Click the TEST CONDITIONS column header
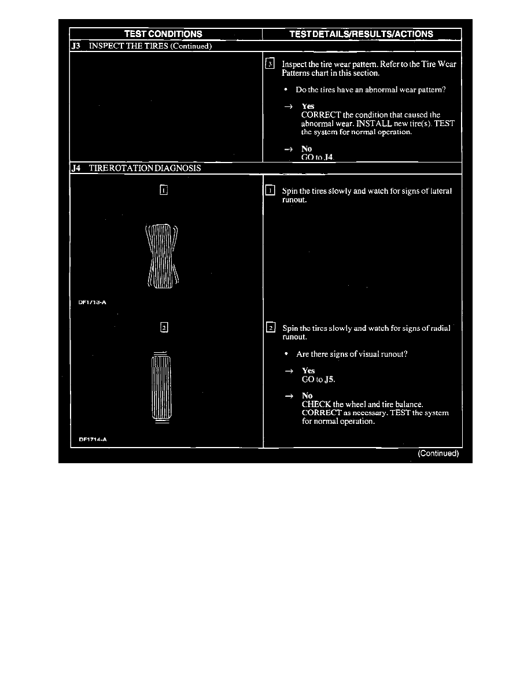click(164, 34)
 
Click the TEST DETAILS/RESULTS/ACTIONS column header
click(362, 34)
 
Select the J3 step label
click(75, 47)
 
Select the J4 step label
click(75, 168)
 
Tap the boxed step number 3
click(269, 64)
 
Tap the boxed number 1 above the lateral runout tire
click(164, 190)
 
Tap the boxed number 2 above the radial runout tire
click(164, 328)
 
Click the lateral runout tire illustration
click(162, 256)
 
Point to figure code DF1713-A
click(93, 301)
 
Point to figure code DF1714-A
click(93, 439)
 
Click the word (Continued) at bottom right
click(438, 454)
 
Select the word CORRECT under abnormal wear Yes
click(320, 115)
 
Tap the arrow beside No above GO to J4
click(287, 149)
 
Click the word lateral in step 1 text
click(441, 191)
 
